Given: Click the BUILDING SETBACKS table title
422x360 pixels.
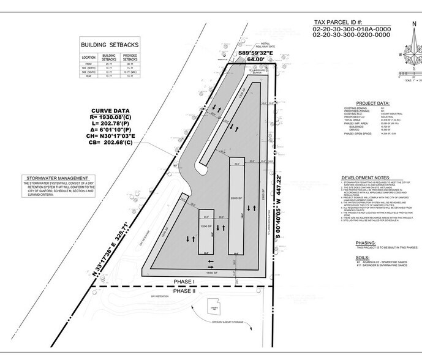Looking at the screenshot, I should pos(118,45).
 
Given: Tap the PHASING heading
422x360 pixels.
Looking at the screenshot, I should pos(365,243).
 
